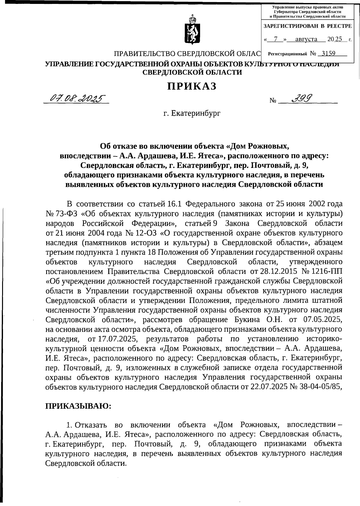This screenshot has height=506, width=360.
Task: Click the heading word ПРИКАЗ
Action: (192, 86)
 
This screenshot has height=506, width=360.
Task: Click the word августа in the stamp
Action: (306, 39)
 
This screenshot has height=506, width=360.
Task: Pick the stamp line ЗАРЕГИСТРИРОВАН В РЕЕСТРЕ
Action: (307, 26)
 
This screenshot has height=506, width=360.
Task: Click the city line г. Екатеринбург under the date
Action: (192, 114)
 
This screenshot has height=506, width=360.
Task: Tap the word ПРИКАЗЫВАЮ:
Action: (78, 406)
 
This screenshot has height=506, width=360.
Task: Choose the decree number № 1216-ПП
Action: (323, 271)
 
